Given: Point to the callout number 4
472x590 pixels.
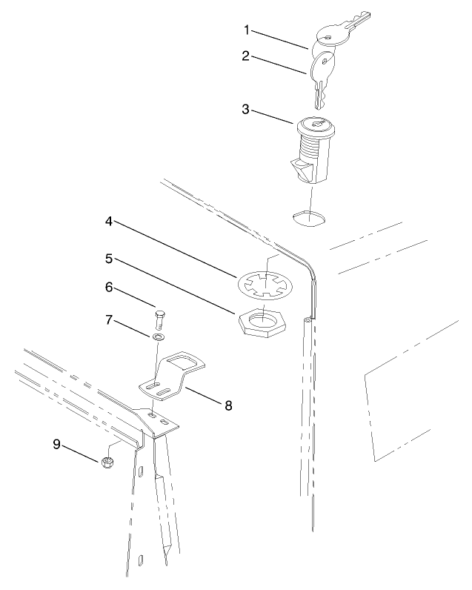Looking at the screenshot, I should click(109, 221).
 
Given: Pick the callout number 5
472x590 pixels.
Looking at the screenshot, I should click(109, 260).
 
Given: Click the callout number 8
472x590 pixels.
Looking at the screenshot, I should click(228, 405).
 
